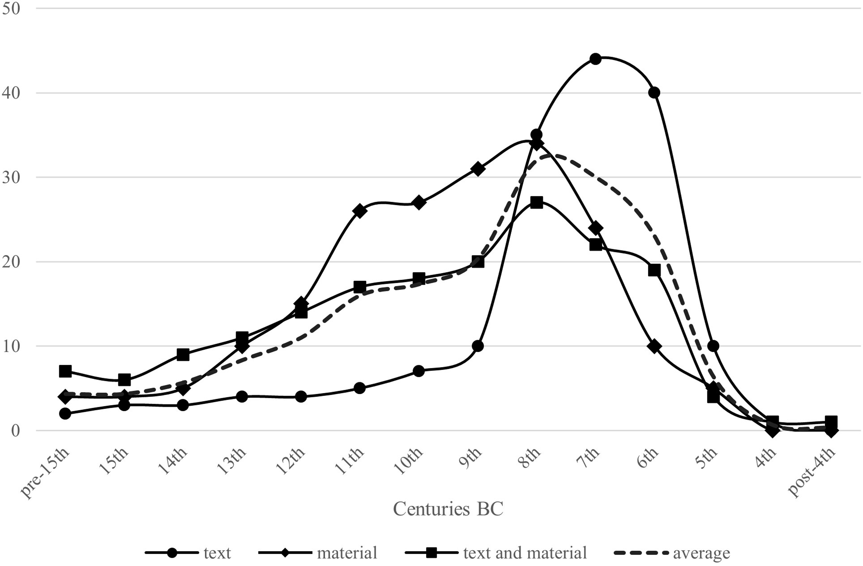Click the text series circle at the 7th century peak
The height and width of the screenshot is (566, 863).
coord(595,59)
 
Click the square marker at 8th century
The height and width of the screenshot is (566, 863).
coord(537,202)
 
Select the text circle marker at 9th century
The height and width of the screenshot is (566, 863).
coord(478,346)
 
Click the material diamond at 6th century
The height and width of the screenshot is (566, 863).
coord(654,346)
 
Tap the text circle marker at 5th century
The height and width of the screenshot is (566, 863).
coord(713,346)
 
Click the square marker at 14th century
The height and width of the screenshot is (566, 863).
coord(183,355)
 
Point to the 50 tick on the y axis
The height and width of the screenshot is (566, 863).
coord(11,8)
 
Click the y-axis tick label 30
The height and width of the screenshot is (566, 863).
coord(11,177)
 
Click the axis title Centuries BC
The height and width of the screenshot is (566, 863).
coord(448,509)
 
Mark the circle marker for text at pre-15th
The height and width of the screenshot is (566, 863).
coord(65,413)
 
